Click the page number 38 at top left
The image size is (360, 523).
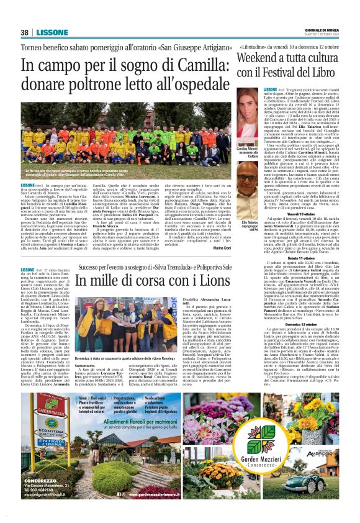pos(24,32)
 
